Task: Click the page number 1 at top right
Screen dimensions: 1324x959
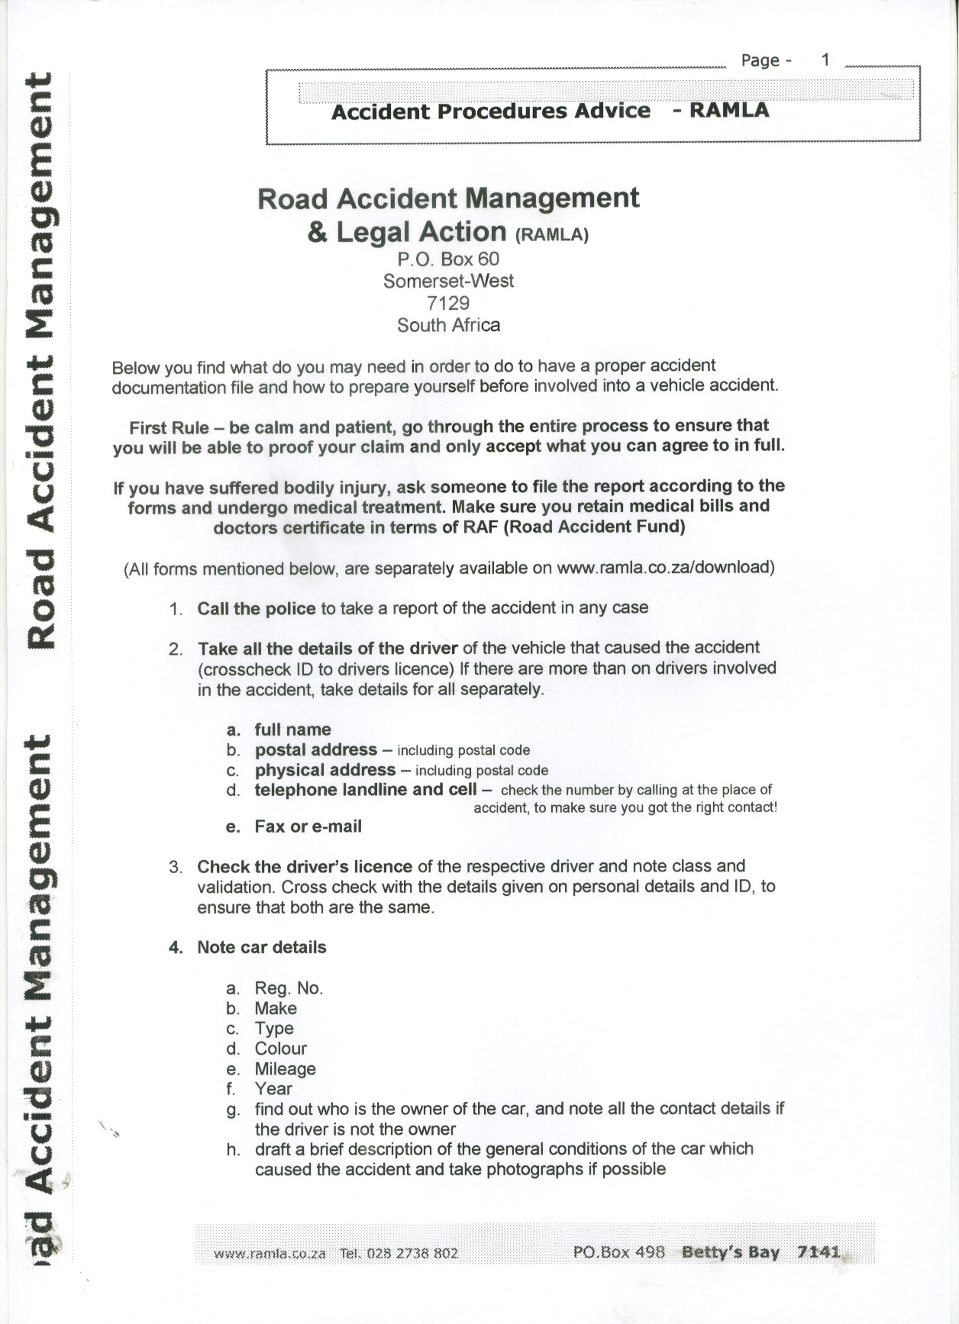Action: click(825, 60)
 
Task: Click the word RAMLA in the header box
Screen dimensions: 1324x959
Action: click(729, 111)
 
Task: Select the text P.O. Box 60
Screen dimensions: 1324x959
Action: click(448, 259)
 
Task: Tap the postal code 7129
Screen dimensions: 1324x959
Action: click(448, 303)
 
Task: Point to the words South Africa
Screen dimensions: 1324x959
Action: click(448, 325)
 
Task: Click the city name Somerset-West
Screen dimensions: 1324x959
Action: click(448, 281)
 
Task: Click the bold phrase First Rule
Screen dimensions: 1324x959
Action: click(169, 427)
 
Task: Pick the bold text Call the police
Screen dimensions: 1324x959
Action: click(256, 608)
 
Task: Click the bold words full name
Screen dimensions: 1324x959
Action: click(292, 730)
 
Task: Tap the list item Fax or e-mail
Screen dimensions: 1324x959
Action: click(308, 826)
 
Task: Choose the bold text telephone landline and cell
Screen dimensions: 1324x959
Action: click(365, 790)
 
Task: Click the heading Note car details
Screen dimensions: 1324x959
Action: click(261, 947)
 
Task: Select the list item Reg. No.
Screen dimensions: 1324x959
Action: click(289, 988)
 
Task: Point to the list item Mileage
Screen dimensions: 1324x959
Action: click(285, 1069)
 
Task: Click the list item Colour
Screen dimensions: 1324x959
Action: click(280, 1049)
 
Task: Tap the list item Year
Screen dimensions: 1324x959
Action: click(273, 1089)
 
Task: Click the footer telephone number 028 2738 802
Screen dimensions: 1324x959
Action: click(412, 1253)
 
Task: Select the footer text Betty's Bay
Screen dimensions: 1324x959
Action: click(730, 1252)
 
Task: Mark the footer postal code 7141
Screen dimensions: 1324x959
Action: click(818, 1252)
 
